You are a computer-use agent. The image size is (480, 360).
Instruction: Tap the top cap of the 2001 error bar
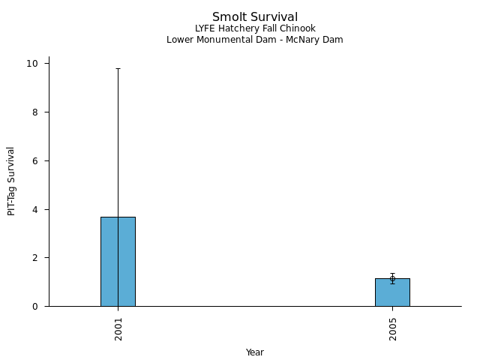click(118, 68)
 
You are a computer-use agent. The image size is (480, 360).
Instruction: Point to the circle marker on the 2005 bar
click(392, 278)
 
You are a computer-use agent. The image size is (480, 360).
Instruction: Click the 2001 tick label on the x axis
click(118, 328)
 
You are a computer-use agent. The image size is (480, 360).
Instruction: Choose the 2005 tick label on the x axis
click(393, 328)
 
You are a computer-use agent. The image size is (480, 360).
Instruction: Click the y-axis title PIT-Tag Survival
click(12, 181)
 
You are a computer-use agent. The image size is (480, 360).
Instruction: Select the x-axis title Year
click(255, 352)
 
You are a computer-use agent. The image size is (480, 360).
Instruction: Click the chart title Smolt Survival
click(255, 17)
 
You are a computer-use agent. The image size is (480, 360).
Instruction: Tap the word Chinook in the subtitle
click(298, 28)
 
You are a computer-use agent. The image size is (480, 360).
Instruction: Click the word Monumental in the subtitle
click(219, 40)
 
